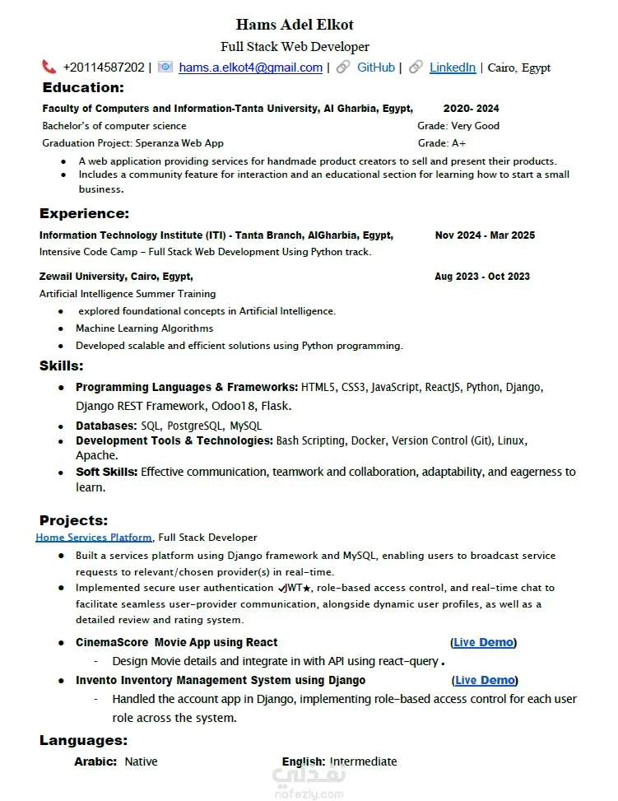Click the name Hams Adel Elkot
click(x=295, y=25)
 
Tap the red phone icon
click(x=49, y=67)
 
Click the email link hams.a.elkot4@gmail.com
click(x=250, y=68)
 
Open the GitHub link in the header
click(x=375, y=68)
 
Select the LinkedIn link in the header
click(x=452, y=68)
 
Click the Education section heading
click(x=83, y=87)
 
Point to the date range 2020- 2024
click(x=471, y=109)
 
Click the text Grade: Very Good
click(x=458, y=126)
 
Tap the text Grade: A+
click(x=442, y=143)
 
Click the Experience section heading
click(x=85, y=214)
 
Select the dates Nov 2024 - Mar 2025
click(x=485, y=235)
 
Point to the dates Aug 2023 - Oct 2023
click(x=482, y=277)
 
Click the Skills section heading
click(x=62, y=366)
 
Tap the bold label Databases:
click(x=106, y=426)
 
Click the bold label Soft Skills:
click(x=107, y=472)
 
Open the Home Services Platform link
click(x=94, y=538)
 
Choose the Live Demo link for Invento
click(x=485, y=680)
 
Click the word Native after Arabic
click(x=141, y=761)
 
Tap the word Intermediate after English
click(x=363, y=761)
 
